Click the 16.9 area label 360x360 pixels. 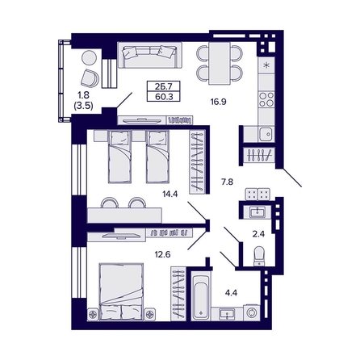[218, 103]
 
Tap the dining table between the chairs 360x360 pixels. [218, 62]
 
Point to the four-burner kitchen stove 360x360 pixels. [266, 99]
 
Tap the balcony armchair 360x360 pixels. [91, 74]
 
